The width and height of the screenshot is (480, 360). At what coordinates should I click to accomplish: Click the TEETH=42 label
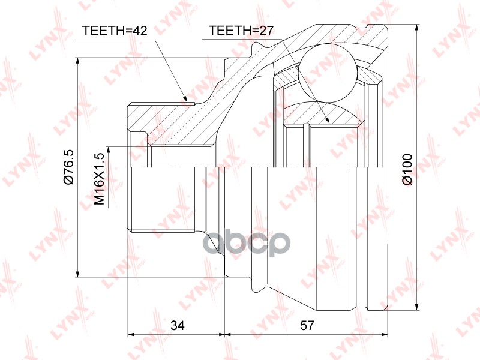(x=115, y=31)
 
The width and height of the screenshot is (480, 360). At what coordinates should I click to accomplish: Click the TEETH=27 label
(x=241, y=31)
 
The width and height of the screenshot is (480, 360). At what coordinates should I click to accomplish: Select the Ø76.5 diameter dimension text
(x=68, y=167)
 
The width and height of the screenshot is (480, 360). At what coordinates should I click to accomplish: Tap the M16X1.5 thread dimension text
(x=100, y=179)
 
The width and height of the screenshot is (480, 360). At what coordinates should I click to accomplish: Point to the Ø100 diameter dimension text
(x=407, y=170)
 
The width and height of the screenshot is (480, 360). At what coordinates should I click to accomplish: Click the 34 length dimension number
(x=178, y=325)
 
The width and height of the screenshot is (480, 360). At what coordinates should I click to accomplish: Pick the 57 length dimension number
(x=307, y=325)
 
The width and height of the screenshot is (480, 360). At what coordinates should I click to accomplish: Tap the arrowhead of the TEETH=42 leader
(x=185, y=97)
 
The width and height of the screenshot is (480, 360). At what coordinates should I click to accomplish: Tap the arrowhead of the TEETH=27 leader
(x=326, y=119)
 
